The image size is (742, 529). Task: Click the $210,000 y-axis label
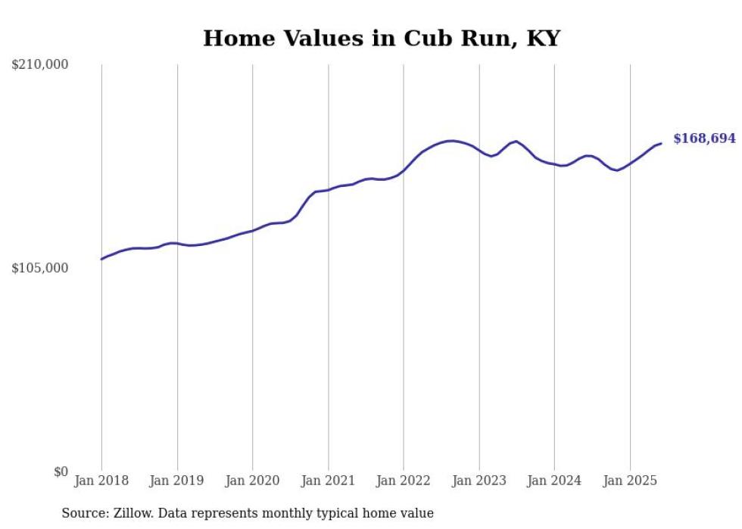39,65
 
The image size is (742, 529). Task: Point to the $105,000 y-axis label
39,269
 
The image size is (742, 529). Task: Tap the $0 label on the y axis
61,471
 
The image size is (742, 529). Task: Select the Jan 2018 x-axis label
101,481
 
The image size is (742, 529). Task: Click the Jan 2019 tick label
177,481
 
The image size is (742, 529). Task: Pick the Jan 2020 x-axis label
253,481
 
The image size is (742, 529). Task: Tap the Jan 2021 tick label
328,481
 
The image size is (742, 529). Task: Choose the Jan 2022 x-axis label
404,481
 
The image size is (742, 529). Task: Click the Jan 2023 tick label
479,481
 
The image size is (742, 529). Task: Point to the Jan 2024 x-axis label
554,481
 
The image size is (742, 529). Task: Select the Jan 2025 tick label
630,481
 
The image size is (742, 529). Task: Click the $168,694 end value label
704,138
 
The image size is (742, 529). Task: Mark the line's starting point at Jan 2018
101,259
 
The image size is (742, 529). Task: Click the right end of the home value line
661,143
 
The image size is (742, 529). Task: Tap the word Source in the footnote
83,513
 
